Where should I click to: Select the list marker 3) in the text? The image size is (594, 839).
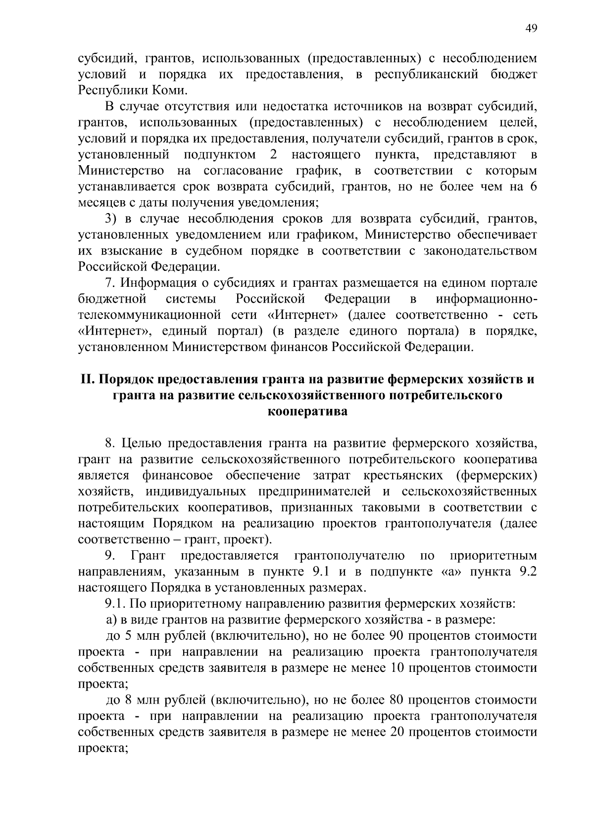110,219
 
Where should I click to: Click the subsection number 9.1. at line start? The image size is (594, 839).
117,604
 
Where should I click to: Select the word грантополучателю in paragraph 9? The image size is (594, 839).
350,556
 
